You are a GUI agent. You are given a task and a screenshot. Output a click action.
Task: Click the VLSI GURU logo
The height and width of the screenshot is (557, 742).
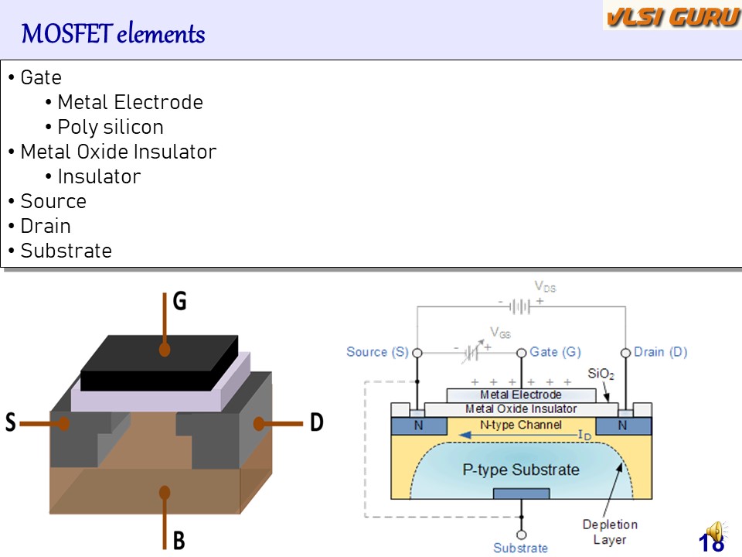[x=672, y=17]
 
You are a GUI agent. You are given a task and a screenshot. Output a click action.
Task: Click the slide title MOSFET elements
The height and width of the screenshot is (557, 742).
[x=113, y=34]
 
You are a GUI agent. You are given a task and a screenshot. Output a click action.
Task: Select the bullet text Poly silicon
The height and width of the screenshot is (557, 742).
[x=111, y=127]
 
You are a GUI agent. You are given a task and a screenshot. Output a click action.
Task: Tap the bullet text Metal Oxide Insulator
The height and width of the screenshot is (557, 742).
[x=118, y=152]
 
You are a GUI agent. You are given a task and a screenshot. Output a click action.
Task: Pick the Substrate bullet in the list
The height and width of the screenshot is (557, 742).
[x=66, y=251]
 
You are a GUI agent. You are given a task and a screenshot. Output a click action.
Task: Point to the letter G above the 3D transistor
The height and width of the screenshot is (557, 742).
[x=179, y=301]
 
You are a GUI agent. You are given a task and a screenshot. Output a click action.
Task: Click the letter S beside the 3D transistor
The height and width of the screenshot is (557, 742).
[x=11, y=423]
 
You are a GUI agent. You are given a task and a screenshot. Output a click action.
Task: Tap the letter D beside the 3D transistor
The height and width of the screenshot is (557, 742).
[x=317, y=423]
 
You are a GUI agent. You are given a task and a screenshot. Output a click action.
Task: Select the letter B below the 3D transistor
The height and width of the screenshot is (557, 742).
[x=179, y=539]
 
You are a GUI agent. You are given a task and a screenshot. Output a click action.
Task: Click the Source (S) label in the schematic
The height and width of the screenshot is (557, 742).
[x=377, y=352]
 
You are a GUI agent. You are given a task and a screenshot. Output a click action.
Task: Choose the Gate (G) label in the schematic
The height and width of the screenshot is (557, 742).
[x=555, y=352]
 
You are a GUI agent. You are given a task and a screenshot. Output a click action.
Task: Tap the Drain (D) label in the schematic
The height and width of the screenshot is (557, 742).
[x=661, y=352]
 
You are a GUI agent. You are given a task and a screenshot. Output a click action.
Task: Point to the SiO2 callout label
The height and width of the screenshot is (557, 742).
[x=601, y=374]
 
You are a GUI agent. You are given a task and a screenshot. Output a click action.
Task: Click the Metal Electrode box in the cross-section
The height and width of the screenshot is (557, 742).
[x=521, y=395]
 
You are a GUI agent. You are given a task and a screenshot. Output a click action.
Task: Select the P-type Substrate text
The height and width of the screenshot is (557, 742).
[x=520, y=470]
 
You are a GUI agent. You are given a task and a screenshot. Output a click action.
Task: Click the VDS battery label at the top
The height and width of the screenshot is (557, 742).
[x=545, y=287]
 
